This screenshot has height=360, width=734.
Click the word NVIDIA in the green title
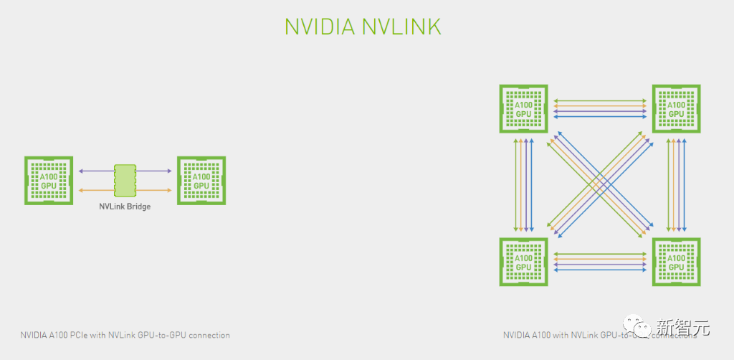coord(319,26)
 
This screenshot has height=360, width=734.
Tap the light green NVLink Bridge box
coord(125,180)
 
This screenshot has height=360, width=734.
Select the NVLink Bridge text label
coord(125,206)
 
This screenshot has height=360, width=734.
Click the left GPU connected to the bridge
coord(49,180)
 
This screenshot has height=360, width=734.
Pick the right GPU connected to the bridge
coord(201,180)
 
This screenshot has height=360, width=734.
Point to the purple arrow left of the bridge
coord(96,171)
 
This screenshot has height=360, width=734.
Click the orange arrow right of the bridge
coord(154,190)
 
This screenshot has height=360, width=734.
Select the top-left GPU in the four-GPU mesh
coord(523,108)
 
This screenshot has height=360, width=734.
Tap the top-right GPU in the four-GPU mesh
coord(676,108)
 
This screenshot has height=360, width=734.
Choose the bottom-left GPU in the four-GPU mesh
coord(523,262)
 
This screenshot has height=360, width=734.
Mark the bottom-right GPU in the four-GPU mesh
coord(676,262)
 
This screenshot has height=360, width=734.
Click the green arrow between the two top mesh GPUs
coord(600,100)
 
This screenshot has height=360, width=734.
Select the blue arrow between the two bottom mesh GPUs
coord(600,270)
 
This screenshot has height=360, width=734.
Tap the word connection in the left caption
coord(211,335)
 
